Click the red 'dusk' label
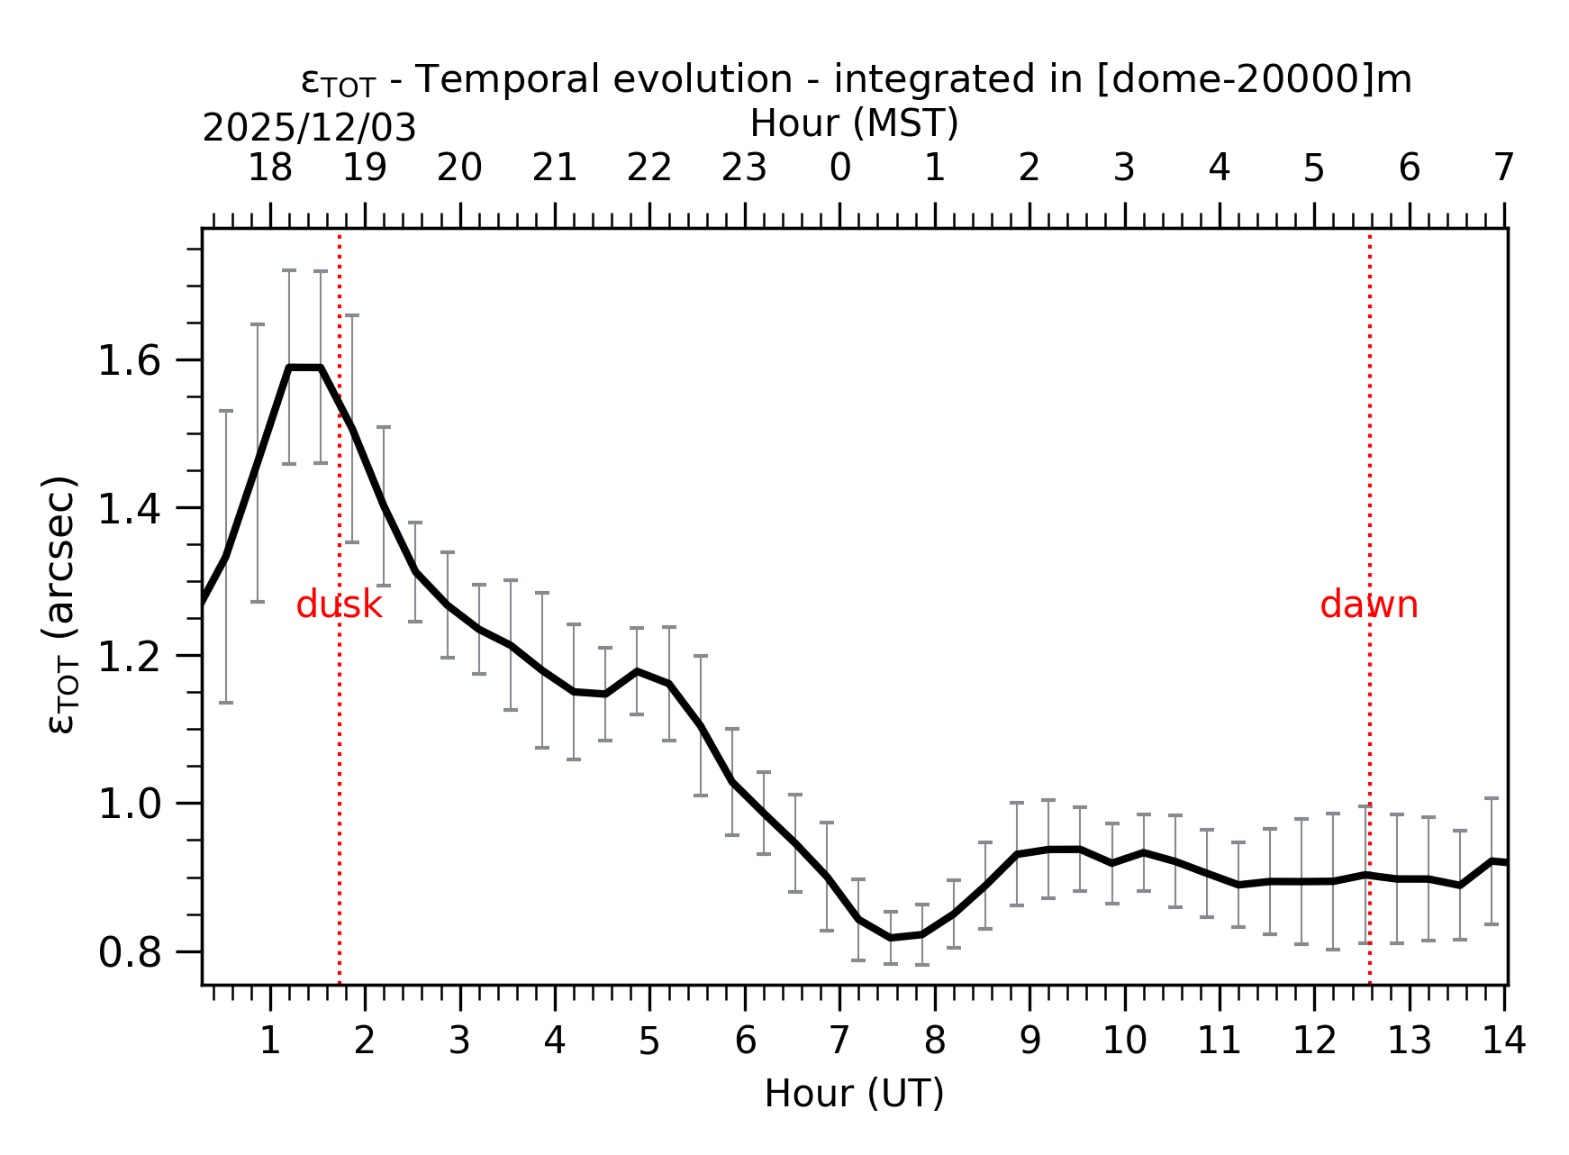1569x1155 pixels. click(x=339, y=605)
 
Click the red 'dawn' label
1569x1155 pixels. click(x=1368, y=605)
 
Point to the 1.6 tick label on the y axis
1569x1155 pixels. click(x=128, y=361)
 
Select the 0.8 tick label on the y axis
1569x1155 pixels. click(x=128, y=952)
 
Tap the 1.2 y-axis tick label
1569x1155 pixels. click(x=128, y=657)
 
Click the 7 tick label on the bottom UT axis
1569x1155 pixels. click(x=839, y=1041)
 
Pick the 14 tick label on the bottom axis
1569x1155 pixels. click(x=1504, y=1041)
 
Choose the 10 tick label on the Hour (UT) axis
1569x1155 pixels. click(x=1124, y=1041)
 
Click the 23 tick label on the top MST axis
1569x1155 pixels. click(x=744, y=168)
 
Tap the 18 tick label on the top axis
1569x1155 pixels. click(x=269, y=168)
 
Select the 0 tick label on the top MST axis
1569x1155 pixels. click(x=839, y=168)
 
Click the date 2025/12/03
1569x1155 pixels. click(x=309, y=129)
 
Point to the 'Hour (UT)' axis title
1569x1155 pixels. click(x=854, y=1094)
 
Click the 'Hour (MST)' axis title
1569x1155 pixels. click(x=854, y=123)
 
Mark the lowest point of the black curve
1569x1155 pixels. click(x=890, y=938)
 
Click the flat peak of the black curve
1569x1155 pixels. click(x=304, y=368)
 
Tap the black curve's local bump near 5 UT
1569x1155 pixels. click(x=637, y=671)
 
